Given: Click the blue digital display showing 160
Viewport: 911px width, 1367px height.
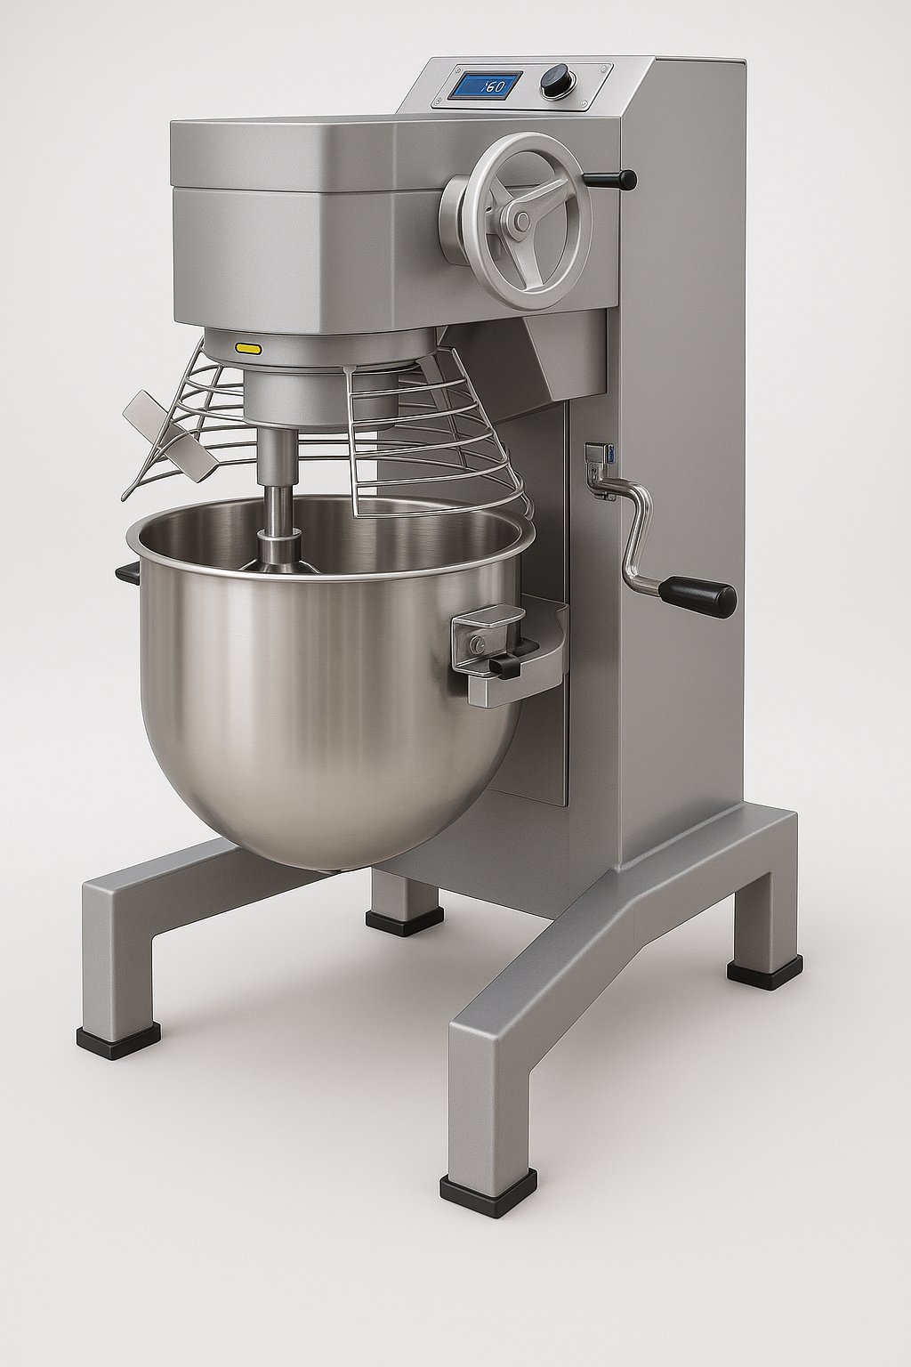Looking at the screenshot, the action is pos(487,85).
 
